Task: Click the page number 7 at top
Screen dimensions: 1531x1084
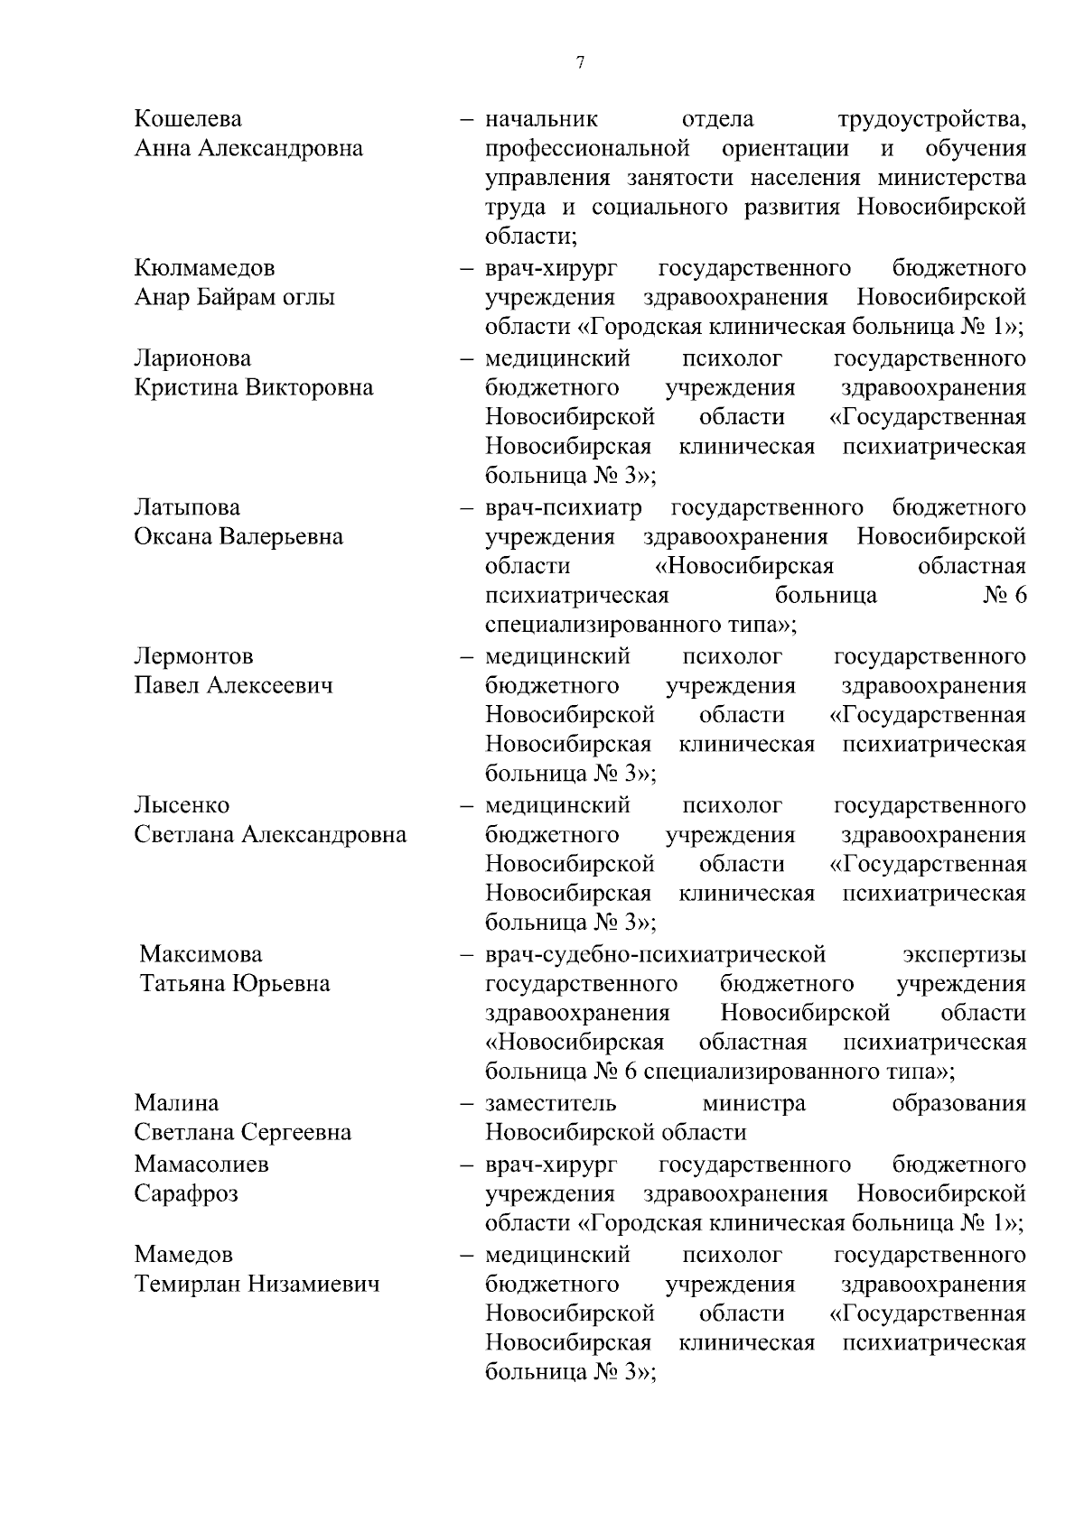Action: click(581, 62)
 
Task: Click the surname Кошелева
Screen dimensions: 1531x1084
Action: click(188, 119)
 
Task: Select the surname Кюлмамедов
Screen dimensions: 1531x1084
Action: click(204, 268)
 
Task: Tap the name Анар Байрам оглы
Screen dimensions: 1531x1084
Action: click(234, 298)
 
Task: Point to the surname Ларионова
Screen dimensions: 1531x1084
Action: click(192, 358)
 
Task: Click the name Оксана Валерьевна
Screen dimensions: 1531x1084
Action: click(238, 537)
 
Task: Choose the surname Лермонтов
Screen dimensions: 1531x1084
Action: click(193, 656)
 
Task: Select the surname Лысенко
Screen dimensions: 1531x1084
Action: click(182, 805)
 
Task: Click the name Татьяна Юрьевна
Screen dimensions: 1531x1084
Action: click(235, 984)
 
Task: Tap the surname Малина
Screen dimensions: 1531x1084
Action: click(176, 1103)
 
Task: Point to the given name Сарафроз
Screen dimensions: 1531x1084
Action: click(186, 1193)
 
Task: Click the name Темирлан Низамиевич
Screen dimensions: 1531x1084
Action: click(257, 1284)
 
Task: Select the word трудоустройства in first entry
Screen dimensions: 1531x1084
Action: click(931, 119)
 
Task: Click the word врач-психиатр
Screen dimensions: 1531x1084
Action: click(564, 507)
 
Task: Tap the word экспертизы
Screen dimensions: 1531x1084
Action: click(964, 954)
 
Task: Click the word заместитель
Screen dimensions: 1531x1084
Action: click(551, 1103)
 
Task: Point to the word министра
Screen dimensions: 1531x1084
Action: click(753, 1103)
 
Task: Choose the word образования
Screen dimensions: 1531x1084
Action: click(958, 1103)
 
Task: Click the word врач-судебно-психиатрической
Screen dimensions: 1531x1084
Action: click(655, 954)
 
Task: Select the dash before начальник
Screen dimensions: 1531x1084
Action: click(467, 119)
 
